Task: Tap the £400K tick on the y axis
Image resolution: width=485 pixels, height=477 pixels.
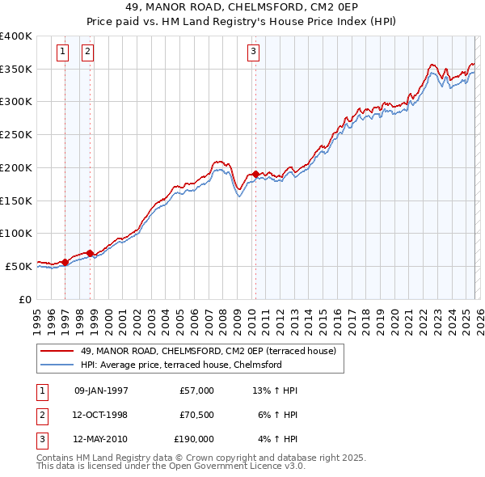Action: tap(16, 36)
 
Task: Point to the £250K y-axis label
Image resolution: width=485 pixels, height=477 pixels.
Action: tap(16, 135)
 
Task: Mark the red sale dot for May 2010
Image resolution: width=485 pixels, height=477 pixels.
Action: tap(255, 174)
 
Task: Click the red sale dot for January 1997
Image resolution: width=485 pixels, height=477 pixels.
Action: tap(65, 262)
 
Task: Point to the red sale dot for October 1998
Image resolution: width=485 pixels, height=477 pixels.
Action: tap(90, 253)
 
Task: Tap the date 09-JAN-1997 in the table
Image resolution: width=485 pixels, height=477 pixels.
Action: tap(101, 390)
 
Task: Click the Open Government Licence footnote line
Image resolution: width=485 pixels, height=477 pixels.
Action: tap(171, 466)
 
